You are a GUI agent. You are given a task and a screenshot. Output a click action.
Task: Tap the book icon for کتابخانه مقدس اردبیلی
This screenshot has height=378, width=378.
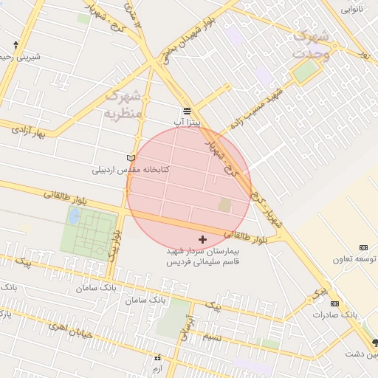[x=131, y=158]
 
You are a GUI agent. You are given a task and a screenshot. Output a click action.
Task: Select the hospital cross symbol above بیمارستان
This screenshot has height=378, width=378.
[x=203, y=239]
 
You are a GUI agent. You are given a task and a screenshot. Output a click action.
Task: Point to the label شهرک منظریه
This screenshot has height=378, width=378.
[x=123, y=104]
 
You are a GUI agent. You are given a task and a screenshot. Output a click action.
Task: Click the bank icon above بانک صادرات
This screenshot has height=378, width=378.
[x=335, y=303]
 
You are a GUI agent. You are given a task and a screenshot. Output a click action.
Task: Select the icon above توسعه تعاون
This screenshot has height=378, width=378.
[x=363, y=247]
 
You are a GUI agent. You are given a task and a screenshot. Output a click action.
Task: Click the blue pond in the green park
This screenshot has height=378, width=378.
[x=75, y=216]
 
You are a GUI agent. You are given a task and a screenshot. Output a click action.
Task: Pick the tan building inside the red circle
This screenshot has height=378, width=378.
[x=224, y=205]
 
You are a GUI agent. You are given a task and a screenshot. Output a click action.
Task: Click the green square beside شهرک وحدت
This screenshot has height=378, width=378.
[x=306, y=71]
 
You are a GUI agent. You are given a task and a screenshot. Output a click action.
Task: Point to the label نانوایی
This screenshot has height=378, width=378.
[x=351, y=10]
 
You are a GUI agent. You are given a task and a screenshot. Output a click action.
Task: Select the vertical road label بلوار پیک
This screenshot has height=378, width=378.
[x=114, y=246]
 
